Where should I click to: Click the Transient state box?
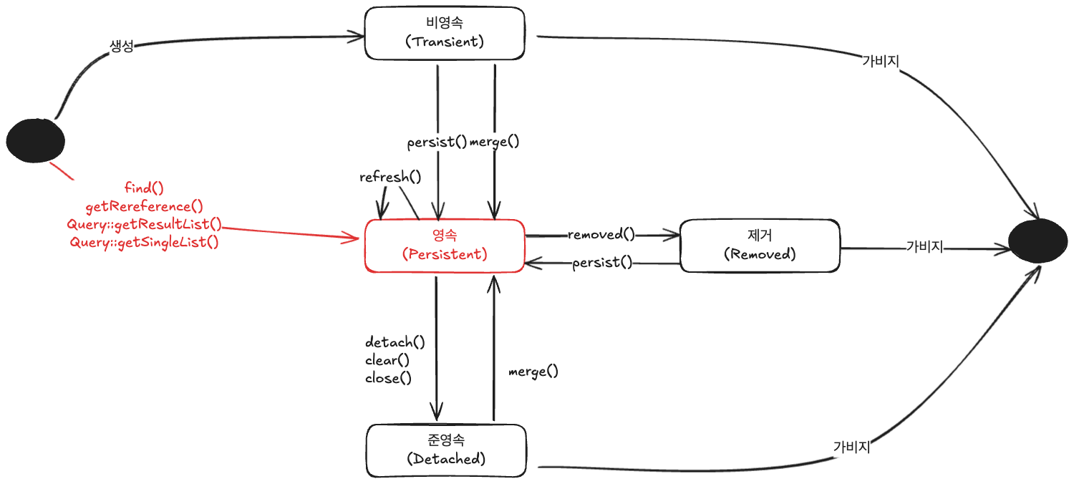click(x=445, y=33)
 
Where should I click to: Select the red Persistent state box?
click(x=445, y=246)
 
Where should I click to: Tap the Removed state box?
click(x=760, y=246)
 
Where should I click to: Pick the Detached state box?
click(x=446, y=450)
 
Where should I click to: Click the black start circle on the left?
click(x=36, y=140)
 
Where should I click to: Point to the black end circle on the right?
click(x=1038, y=241)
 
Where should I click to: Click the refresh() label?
click(x=390, y=177)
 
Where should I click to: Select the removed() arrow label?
click(x=601, y=235)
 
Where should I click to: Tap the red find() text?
click(x=144, y=188)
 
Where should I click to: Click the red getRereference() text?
click(x=145, y=206)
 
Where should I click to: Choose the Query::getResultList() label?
click(x=145, y=224)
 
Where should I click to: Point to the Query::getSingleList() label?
click(x=145, y=242)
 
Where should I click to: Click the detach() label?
click(x=395, y=342)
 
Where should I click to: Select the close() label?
click(x=388, y=378)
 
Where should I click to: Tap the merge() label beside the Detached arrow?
click(x=533, y=372)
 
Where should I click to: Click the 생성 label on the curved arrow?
click(x=122, y=46)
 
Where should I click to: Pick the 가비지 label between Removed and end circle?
click(x=924, y=246)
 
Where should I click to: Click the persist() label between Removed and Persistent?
click(x=602, y=262)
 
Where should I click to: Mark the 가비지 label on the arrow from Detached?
click(x=851, y=447)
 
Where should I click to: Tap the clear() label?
click(x=387, y=360)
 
